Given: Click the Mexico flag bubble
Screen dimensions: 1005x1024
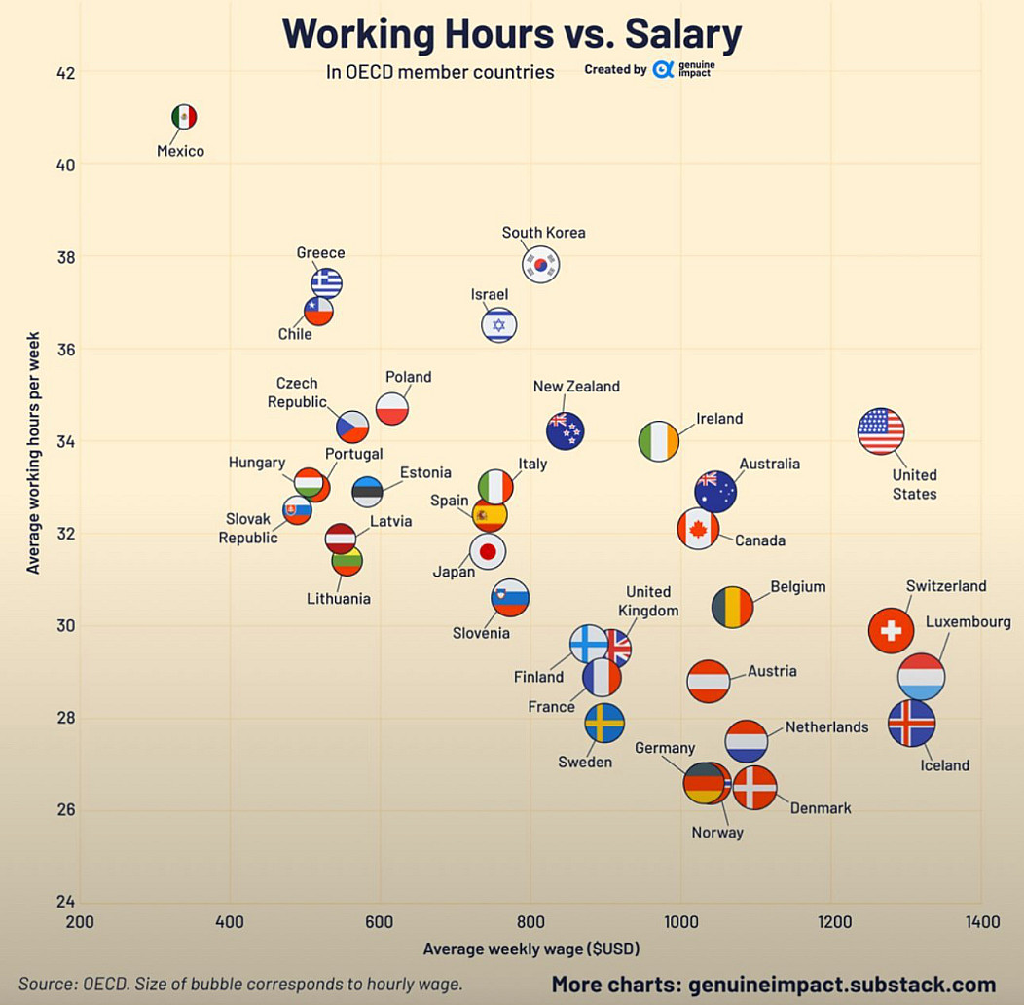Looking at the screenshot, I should pos(184,117).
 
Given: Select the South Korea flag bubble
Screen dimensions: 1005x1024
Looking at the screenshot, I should pos(540,264).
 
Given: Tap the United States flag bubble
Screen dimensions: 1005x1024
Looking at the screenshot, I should pos(881,431).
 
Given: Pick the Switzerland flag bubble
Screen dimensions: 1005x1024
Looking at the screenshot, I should pos(891,630).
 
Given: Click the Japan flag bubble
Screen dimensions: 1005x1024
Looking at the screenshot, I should pos(488,552).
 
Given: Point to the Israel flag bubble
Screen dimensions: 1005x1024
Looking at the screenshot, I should pos(499,324).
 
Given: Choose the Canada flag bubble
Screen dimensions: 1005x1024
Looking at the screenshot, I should pos(698,529).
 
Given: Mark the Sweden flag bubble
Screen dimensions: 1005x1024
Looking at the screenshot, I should pos(604,723).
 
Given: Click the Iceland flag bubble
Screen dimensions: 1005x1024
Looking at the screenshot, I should pos(912,723).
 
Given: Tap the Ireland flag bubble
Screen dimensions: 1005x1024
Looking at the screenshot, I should pos(659,441).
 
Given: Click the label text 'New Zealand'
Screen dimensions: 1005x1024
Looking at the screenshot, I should pos(576,387).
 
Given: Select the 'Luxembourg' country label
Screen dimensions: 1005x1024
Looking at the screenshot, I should pos(968,621).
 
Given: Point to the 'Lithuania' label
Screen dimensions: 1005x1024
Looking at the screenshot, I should pos(339,599).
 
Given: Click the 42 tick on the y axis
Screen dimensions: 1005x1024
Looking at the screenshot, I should pos(65,72).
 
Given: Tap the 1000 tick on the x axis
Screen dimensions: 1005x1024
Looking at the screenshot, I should pos(680,922).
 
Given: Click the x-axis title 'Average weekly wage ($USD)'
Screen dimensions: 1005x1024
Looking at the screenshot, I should pos(531,948).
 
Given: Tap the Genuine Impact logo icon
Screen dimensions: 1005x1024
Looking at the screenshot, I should pos(663,69).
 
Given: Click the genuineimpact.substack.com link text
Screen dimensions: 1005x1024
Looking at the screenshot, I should pos(842,985).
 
